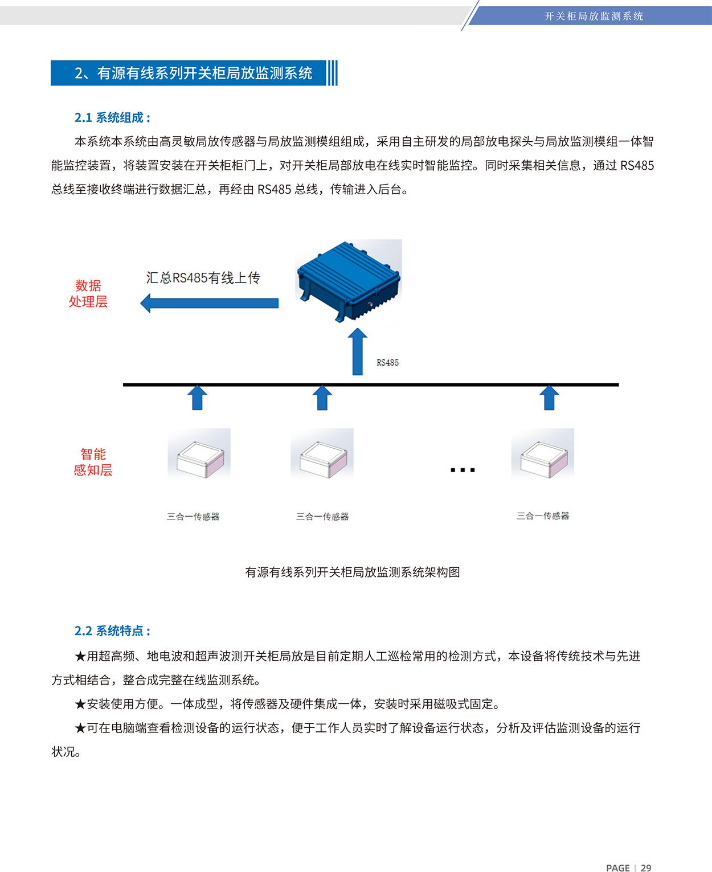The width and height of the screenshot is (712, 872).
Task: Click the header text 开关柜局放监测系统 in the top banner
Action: click(x=594, y=16)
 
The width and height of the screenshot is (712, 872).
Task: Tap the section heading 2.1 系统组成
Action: click(x=112, y=117)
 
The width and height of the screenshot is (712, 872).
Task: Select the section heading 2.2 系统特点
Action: click(x=112, y=631)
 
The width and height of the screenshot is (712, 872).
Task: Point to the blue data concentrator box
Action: click(x=349, y=281)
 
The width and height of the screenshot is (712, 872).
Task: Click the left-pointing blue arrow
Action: click(x=209, y=303)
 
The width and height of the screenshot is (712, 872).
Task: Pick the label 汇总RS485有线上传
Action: click(x=203, y=278)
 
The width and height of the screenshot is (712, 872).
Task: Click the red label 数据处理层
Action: click(x=88, y=293)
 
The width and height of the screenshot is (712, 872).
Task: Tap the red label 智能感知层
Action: click(x=93, y=462)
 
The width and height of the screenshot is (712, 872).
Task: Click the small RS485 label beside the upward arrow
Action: click(x=387, y=363)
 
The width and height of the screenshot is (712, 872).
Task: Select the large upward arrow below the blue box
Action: click(x=358, y=351)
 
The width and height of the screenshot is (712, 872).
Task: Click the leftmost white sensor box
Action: click(x=200, y=460)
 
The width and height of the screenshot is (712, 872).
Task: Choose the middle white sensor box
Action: click(x=324, y=460)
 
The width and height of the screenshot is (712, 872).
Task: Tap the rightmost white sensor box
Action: click(x=544, y=460)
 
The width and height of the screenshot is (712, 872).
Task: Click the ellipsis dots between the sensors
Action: click(x=463, y=470)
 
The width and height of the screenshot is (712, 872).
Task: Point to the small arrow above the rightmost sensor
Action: click(x=549, y=398)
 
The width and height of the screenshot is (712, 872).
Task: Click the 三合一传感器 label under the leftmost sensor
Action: click(x=193, y=517)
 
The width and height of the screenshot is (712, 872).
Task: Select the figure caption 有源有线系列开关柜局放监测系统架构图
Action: click(x=352, y=572)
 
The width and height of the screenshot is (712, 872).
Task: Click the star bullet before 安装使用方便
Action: click(x=80, y=704)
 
